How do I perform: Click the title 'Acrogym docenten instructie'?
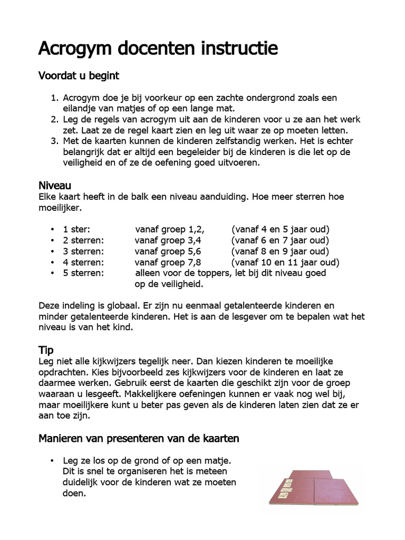pos(158,49)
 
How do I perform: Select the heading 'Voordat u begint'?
pos(79,76)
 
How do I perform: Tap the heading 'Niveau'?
pos(55,186)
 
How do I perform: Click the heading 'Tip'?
pos(46,350)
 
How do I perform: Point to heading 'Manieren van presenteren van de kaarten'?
pos(139,438)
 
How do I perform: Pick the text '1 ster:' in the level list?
pos(76,229)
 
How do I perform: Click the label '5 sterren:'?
pos(83,273)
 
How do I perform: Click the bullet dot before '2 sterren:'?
pos(53,240)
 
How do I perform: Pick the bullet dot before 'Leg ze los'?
pos(53,460)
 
